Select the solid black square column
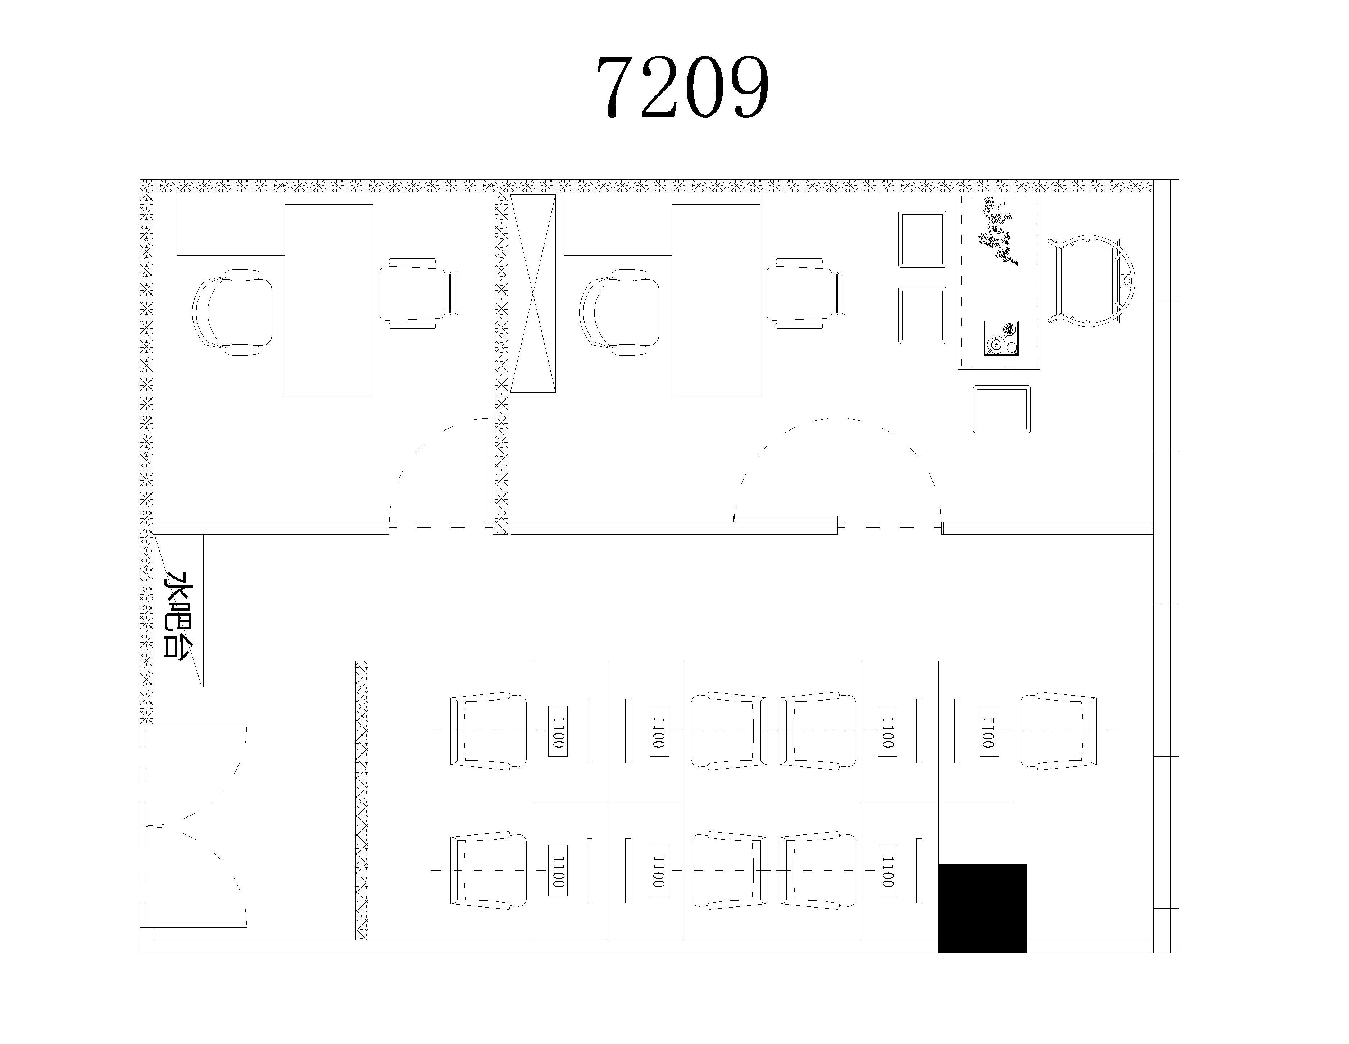[982, 908]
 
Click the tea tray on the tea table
[1001, 338]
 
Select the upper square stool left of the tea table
[922, 239]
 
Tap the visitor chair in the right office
[806, 293]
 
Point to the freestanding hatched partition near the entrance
[361, 801]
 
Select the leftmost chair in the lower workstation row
[488, 871]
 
